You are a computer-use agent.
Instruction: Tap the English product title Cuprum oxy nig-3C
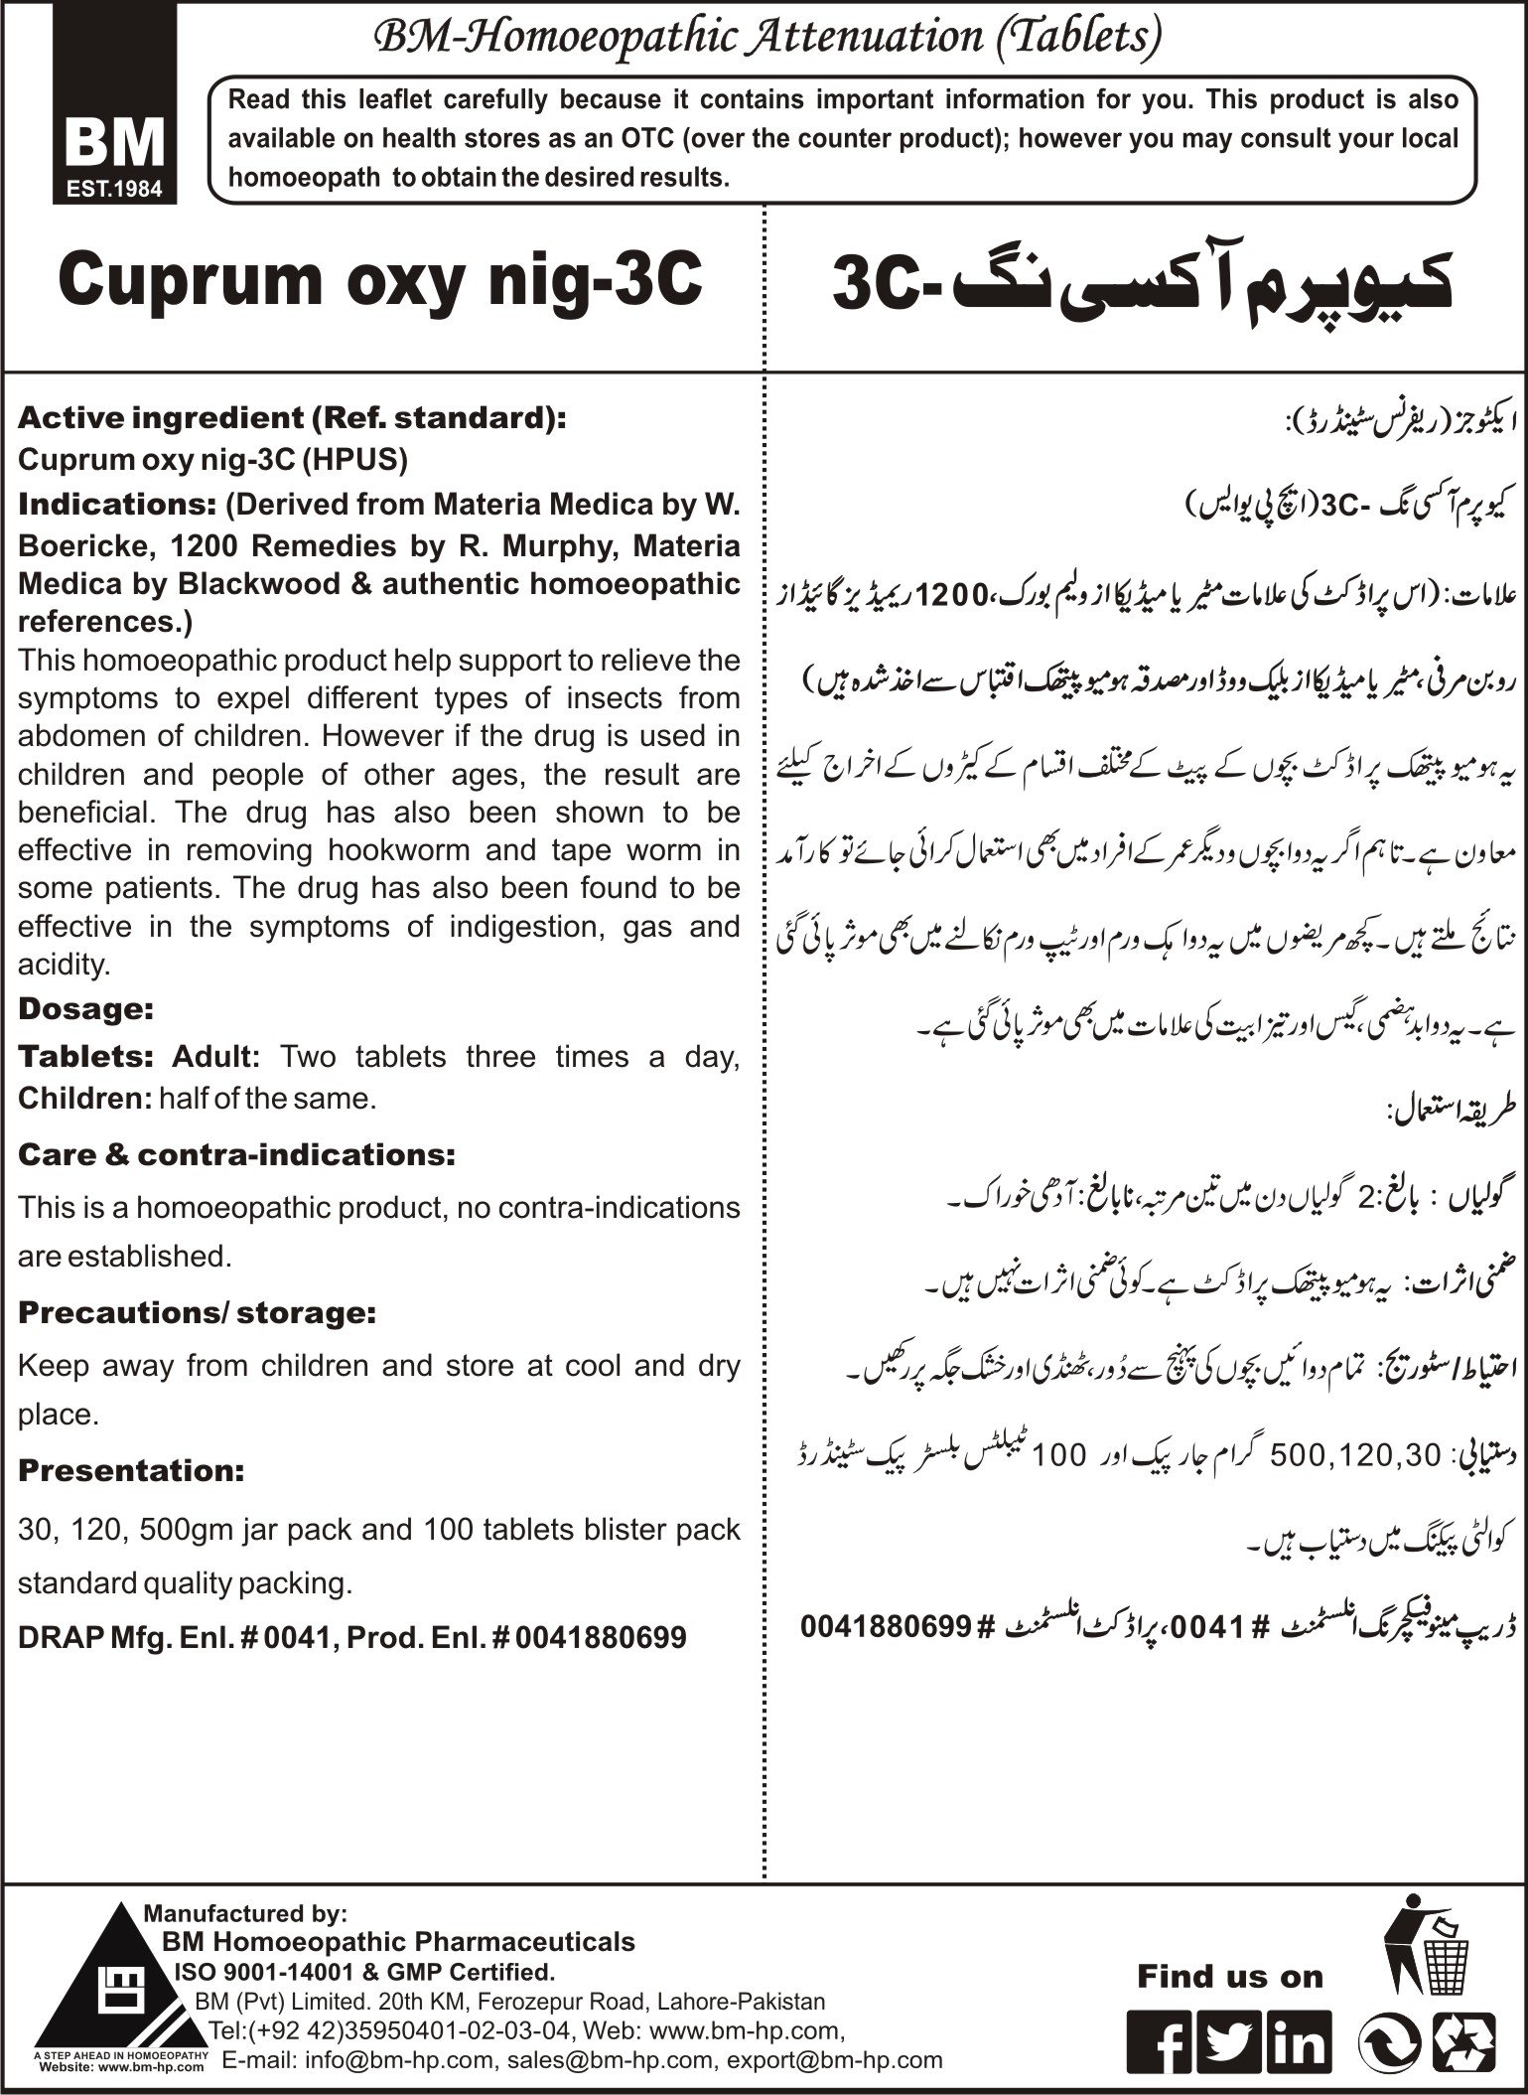pyautogui.click(x=381, y=281)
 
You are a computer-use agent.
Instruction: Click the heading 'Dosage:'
pyautogui.click(x=85, y=1009)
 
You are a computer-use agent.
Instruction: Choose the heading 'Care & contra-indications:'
pyautogui.click(x=236, y=1154)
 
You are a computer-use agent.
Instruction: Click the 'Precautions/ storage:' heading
pyautogui.click(x=197, y=1312)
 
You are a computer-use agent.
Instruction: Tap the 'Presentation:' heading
pyautogui.click(x=131, y=1470)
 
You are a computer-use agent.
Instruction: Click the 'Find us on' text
pyautogui.click(x=1230, y=1977)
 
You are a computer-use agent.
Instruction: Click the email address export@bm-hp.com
pyautogui.click(x=834, y=2060)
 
